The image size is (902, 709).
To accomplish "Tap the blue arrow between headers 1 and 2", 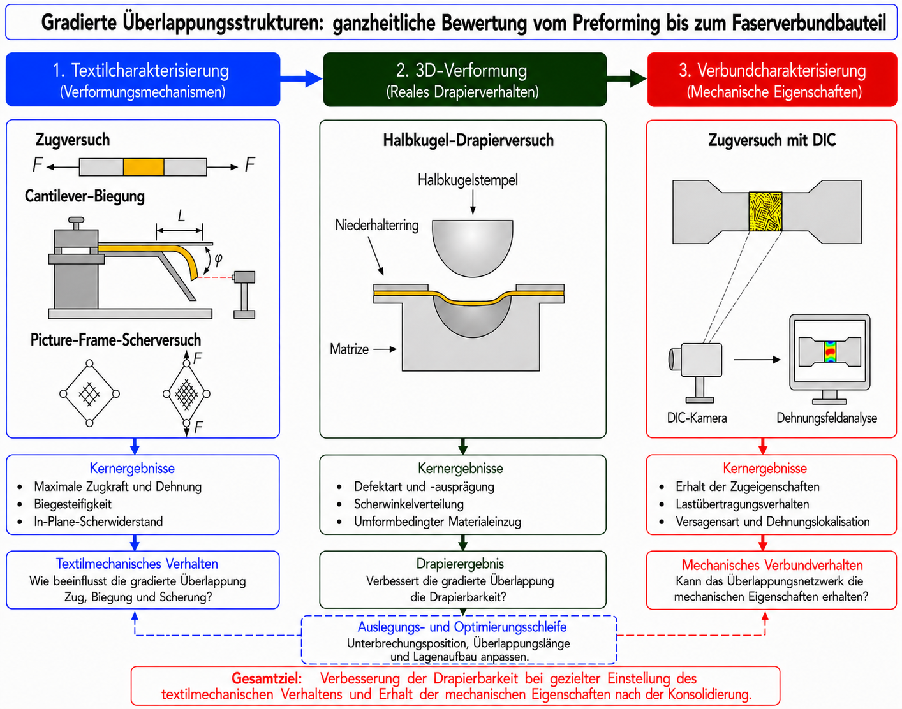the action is point(301,78).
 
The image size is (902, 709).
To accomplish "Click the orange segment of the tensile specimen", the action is point(144,167).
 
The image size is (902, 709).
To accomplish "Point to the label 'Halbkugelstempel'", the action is point(468,180).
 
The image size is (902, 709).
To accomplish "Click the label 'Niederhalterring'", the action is point(377,225).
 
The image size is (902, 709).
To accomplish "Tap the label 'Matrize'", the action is point(349,349).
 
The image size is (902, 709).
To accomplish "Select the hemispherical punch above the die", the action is point(473,247).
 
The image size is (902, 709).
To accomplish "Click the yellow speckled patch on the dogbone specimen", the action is point(765,211).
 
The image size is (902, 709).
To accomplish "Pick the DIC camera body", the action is point(701,360).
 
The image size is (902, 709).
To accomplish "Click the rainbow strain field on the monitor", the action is point(830,351).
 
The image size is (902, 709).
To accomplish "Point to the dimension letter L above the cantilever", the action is point(181,216).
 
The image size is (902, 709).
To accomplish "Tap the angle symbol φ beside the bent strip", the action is point(218,259).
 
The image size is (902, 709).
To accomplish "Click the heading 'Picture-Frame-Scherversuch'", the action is point(115,339).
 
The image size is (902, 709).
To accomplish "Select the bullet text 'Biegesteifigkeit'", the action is point(73,504).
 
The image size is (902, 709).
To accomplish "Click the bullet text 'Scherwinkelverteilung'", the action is point(409,504).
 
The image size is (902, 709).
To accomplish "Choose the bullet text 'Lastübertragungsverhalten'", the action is point(743,504).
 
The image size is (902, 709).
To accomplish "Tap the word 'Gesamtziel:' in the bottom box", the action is point(267,678).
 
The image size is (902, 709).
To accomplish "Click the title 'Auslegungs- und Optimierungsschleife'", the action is point(462,627).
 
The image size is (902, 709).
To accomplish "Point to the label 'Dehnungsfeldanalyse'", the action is point(827,418).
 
